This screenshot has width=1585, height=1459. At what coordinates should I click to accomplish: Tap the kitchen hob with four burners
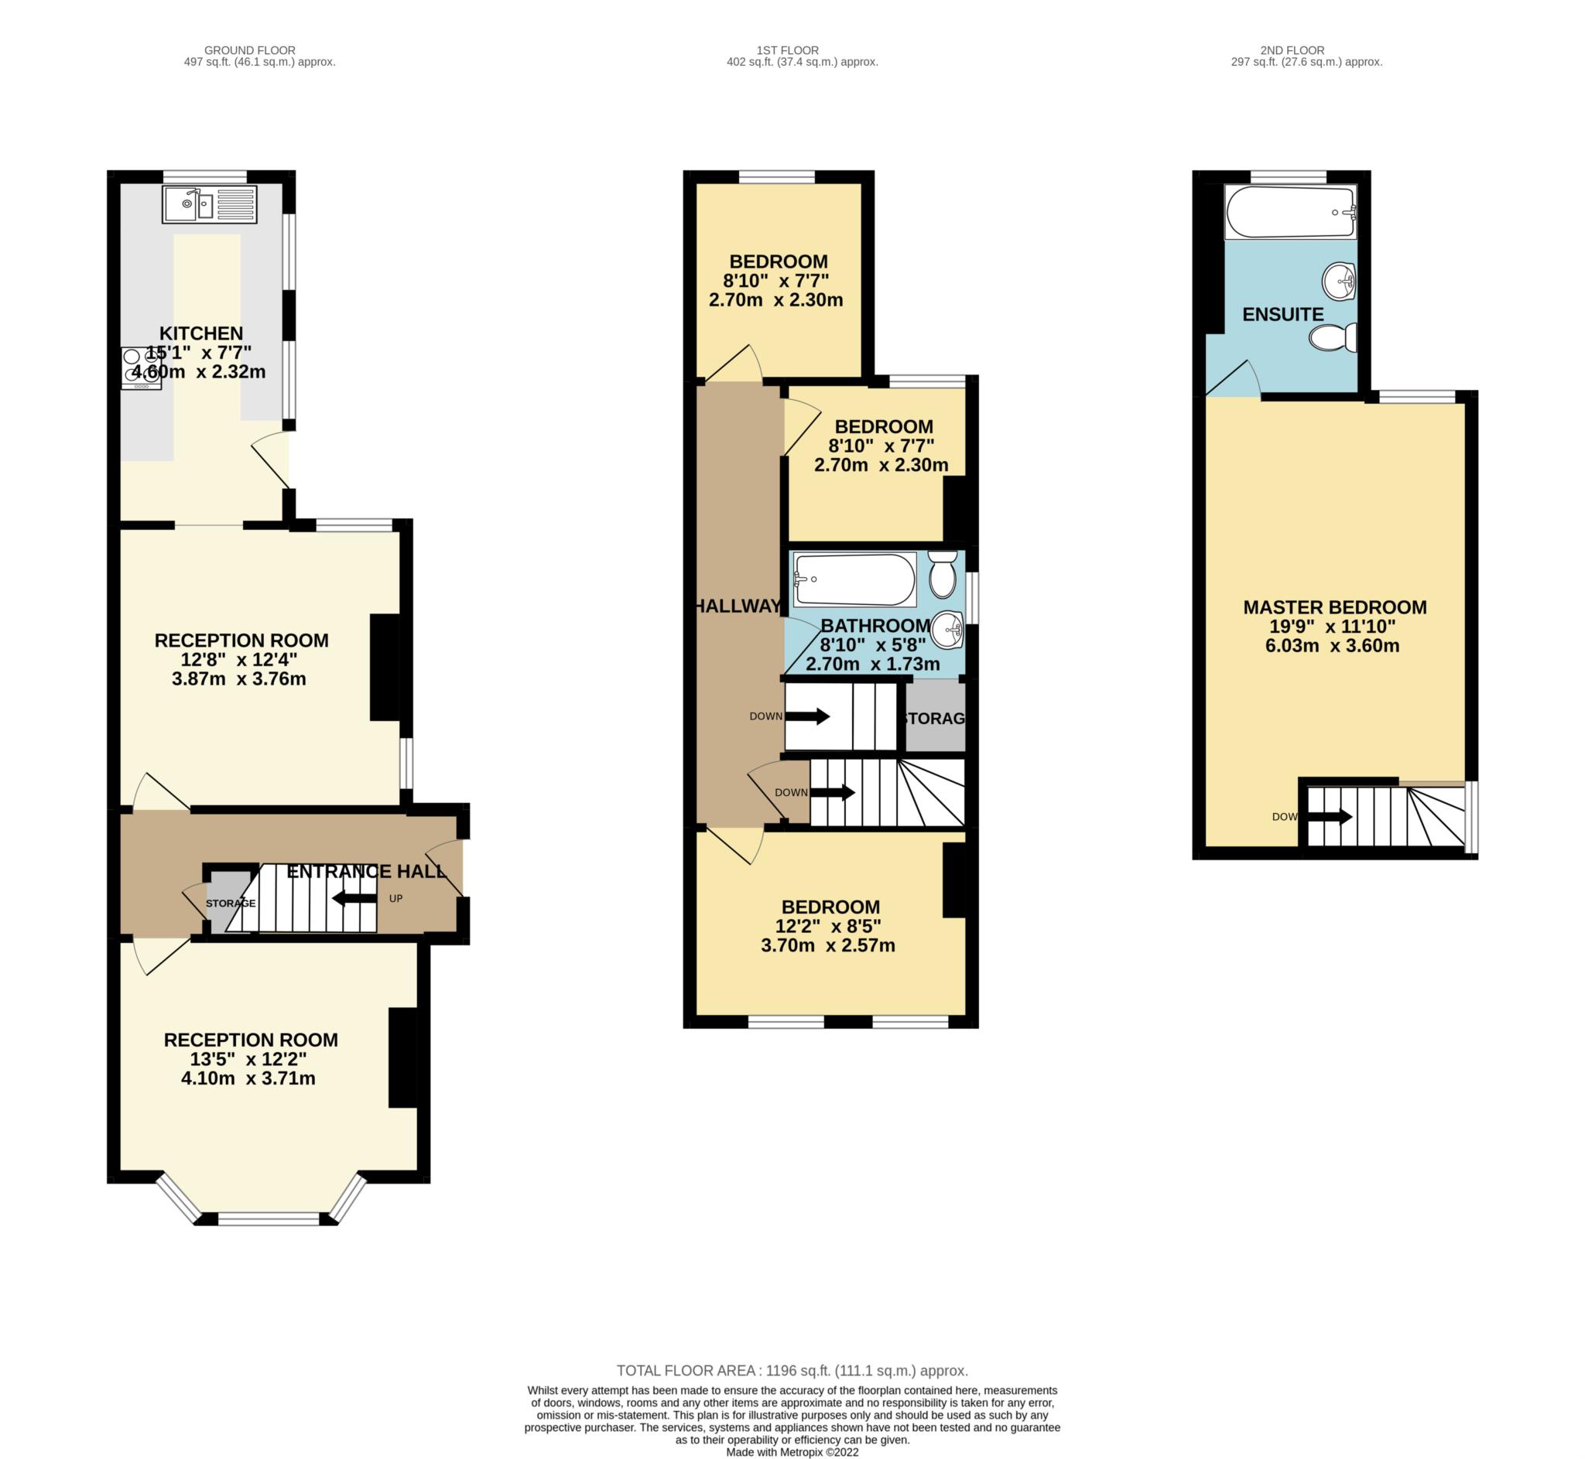point(142,369)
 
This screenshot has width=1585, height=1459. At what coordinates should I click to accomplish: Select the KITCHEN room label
point(201,333)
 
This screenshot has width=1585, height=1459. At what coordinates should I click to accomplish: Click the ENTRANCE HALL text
point(366,872)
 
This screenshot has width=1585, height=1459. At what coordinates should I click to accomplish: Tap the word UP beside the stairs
point(395,898)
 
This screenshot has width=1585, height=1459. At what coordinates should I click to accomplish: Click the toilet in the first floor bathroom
point(942,574)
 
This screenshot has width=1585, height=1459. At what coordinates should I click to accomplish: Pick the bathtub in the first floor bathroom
point(854,579)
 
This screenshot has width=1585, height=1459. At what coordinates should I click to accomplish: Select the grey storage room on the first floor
point(935,717)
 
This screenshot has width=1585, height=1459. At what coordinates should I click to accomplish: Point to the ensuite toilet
point(1332,338)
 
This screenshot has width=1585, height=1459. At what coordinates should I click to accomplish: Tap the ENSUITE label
point(1282,314)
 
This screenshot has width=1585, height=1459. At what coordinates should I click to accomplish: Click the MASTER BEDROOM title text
point(1335,607)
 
